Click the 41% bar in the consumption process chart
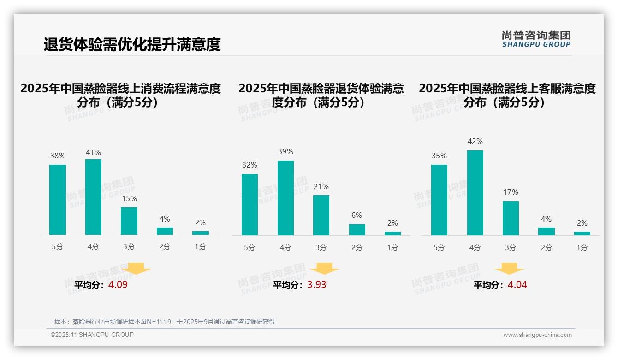[x=93, y=197]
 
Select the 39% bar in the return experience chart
[x=285, y=198]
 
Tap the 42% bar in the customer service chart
[x=475, y=193]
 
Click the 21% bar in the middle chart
[x=321, y=215]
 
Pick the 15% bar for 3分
[x=129, y=221]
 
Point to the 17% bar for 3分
[x=511, y=218]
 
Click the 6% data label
[x=357, y=216]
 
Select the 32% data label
[x=250, y=165]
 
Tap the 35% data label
[x=439, y=156]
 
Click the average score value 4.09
[x=118, y=285]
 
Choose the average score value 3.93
[x=317, y=285]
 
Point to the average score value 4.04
[x=517, y=285]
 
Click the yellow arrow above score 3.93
[x=324, y=269]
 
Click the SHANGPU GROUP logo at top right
[x=536, y=39]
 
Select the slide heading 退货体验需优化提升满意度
[x=132, y=44]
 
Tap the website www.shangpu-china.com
[x=537, y=335]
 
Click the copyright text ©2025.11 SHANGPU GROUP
[x=92, y=335]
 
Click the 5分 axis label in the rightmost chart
[x=439, y=248]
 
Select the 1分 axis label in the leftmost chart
[x=201, y=247]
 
